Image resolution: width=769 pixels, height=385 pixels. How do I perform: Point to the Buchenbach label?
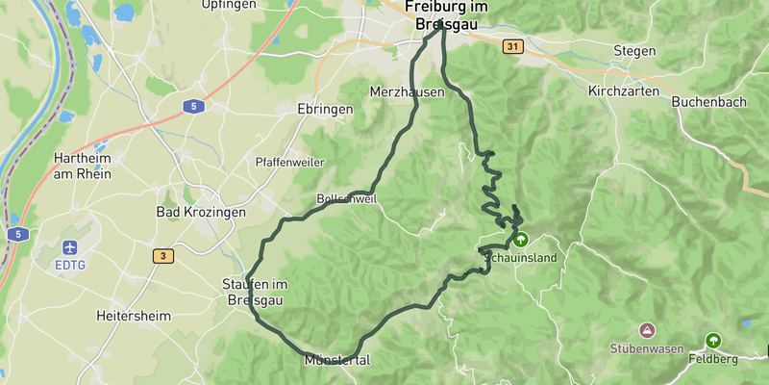708,100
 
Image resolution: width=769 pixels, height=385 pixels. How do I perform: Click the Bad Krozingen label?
201,212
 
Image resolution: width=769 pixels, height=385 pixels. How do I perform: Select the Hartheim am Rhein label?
83,166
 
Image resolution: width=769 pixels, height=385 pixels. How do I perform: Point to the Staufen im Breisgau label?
254,292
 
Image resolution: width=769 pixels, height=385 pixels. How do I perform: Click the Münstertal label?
336,361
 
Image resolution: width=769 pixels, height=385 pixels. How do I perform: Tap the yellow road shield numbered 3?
164,255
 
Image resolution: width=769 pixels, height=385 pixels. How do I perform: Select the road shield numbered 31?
511,45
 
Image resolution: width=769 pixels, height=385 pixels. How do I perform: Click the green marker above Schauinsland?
520,239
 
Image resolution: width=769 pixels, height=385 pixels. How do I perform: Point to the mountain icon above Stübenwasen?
646,330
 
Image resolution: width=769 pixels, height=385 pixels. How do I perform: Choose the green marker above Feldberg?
713,340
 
